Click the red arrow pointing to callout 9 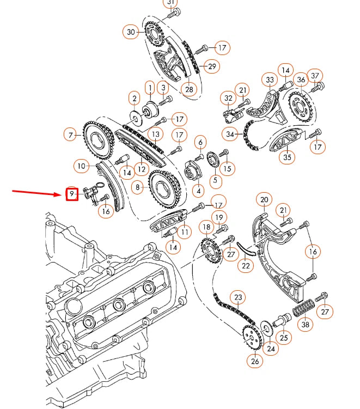pyautogui.click(x=38, y=193)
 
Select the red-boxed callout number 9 pyautogui.click(x=72, y=193)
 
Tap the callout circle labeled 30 pyautogui.click(x=131, y=32)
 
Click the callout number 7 pyautogui.click(x=70, y=134)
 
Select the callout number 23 pyautogui.click(x=238, y=297)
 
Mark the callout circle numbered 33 pyautogui.click(x=270, y=80)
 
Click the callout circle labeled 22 pyautogui.click(x=246, y=266)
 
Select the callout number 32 pyautogui.click(x=228, y=99)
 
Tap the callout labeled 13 pyautogui.click(x=156, y=133)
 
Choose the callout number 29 pyautogui.click(x=211, y=66)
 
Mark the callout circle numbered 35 pyautogui.click(x=287, y=158)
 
